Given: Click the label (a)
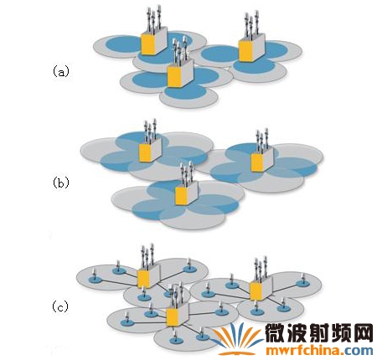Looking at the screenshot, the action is tap(60, 71).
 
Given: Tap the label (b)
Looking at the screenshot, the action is tap(60, 183).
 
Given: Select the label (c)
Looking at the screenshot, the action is tap(60, 306).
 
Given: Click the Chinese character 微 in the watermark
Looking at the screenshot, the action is tap(276, 333).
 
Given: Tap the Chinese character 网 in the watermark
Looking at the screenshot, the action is tap(363, 333).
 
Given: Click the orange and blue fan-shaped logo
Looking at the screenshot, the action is tap(237, 338).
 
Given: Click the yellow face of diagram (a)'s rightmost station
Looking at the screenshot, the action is tap(245, 51).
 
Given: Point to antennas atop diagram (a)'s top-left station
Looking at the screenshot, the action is tap(153, 18).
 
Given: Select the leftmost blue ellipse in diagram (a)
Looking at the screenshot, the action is tap(122, 44).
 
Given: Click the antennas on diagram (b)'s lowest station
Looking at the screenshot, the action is tap(186, 173).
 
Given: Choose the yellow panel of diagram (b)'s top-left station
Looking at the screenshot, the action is tap(145, 153).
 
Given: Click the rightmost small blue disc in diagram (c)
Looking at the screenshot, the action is tap(302, 283).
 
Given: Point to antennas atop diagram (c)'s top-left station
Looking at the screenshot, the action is tap(147, 255).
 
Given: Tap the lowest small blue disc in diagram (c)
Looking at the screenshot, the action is tap(176, 341).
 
